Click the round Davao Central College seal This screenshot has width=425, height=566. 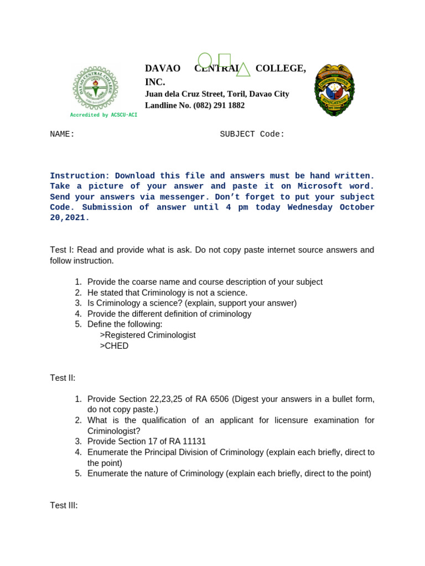tap(95, 88)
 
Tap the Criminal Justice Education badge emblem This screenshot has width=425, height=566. tap(335, 90)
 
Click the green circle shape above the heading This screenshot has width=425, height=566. tap(205, 60)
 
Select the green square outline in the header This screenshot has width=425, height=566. tap(224, 60)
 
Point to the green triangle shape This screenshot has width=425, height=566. tap(243, 70)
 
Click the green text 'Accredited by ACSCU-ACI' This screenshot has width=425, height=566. tap(103, 115)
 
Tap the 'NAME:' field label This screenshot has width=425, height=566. tap(62, 134)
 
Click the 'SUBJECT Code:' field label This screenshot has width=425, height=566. tap(252, 134)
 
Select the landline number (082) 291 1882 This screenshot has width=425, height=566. tap(218, 106)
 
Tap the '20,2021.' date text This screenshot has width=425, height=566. tap(70, 218)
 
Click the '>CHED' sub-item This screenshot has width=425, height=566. tap(114, 346)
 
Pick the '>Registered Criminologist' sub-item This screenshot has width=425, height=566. tap(148, 335)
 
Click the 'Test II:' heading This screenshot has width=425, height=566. tap(63, 378)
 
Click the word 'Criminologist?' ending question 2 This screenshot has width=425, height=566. tap(113, 431)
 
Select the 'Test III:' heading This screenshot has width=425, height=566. tap(64, 505)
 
